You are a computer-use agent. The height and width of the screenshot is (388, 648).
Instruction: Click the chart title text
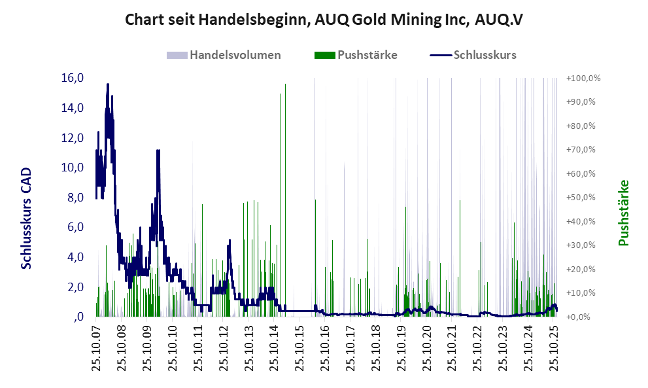pos(324,20)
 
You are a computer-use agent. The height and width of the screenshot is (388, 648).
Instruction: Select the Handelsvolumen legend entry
pos(235,55)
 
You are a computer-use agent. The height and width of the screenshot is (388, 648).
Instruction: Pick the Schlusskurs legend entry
pos(485,55)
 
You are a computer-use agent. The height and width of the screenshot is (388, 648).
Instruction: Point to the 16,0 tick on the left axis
pos(72,78)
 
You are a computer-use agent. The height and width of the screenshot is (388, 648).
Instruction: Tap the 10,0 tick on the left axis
pos(72,168)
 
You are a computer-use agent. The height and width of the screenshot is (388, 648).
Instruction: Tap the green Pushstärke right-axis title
pos(623,213)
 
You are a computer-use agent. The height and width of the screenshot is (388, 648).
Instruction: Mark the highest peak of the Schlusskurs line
pos(107,84)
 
